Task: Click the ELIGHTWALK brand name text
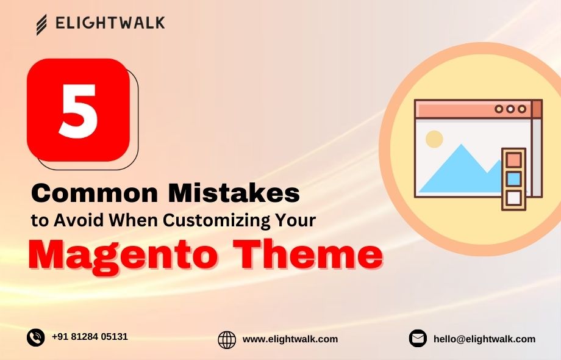110,24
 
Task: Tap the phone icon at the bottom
36,337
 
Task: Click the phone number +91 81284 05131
90,337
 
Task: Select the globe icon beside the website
227,339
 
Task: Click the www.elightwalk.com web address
290,339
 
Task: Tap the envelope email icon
418,339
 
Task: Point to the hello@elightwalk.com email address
484,339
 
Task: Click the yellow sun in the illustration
434,139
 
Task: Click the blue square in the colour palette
514,179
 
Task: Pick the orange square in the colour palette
514,160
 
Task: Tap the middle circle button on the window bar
510,109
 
